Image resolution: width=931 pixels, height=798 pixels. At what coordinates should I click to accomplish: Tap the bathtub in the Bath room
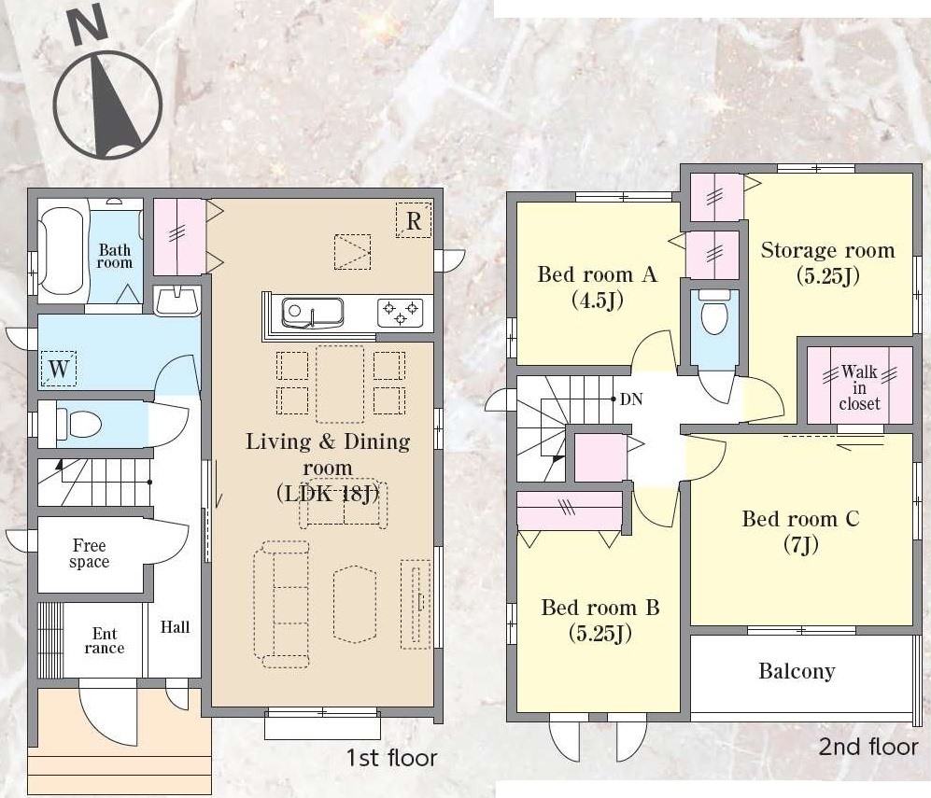click(63, 250)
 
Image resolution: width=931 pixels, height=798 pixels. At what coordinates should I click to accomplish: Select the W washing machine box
click(59, 369)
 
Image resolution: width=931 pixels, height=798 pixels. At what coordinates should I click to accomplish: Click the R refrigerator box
click(414, 220)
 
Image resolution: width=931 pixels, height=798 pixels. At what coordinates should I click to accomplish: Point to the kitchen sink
click(312, 313)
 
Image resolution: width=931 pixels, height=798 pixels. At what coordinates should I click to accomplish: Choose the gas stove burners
click(401, 313)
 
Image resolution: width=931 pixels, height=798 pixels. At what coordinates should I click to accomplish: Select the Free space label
click(90, 553)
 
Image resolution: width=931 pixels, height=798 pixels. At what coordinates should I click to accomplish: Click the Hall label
click(176, 627)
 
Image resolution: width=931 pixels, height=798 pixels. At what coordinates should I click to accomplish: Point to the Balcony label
click(797, 671)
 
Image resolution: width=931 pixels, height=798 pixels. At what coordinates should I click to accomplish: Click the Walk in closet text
click(859, 387)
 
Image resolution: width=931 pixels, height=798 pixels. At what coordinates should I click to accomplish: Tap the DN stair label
click(631, 399)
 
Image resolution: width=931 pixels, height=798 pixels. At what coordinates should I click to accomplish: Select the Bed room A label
click(598, 287)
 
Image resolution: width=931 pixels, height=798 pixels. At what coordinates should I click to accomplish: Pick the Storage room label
click(827, 262)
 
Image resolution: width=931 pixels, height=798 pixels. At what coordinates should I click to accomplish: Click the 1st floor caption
click(392, 758)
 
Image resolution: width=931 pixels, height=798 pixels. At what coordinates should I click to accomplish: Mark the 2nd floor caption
click(868, 747)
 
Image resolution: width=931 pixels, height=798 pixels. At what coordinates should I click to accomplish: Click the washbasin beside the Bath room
click(176, 301)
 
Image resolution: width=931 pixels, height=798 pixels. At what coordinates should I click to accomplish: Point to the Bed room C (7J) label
click(800, 531)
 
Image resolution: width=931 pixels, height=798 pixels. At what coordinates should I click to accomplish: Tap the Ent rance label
click(105, 641)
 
